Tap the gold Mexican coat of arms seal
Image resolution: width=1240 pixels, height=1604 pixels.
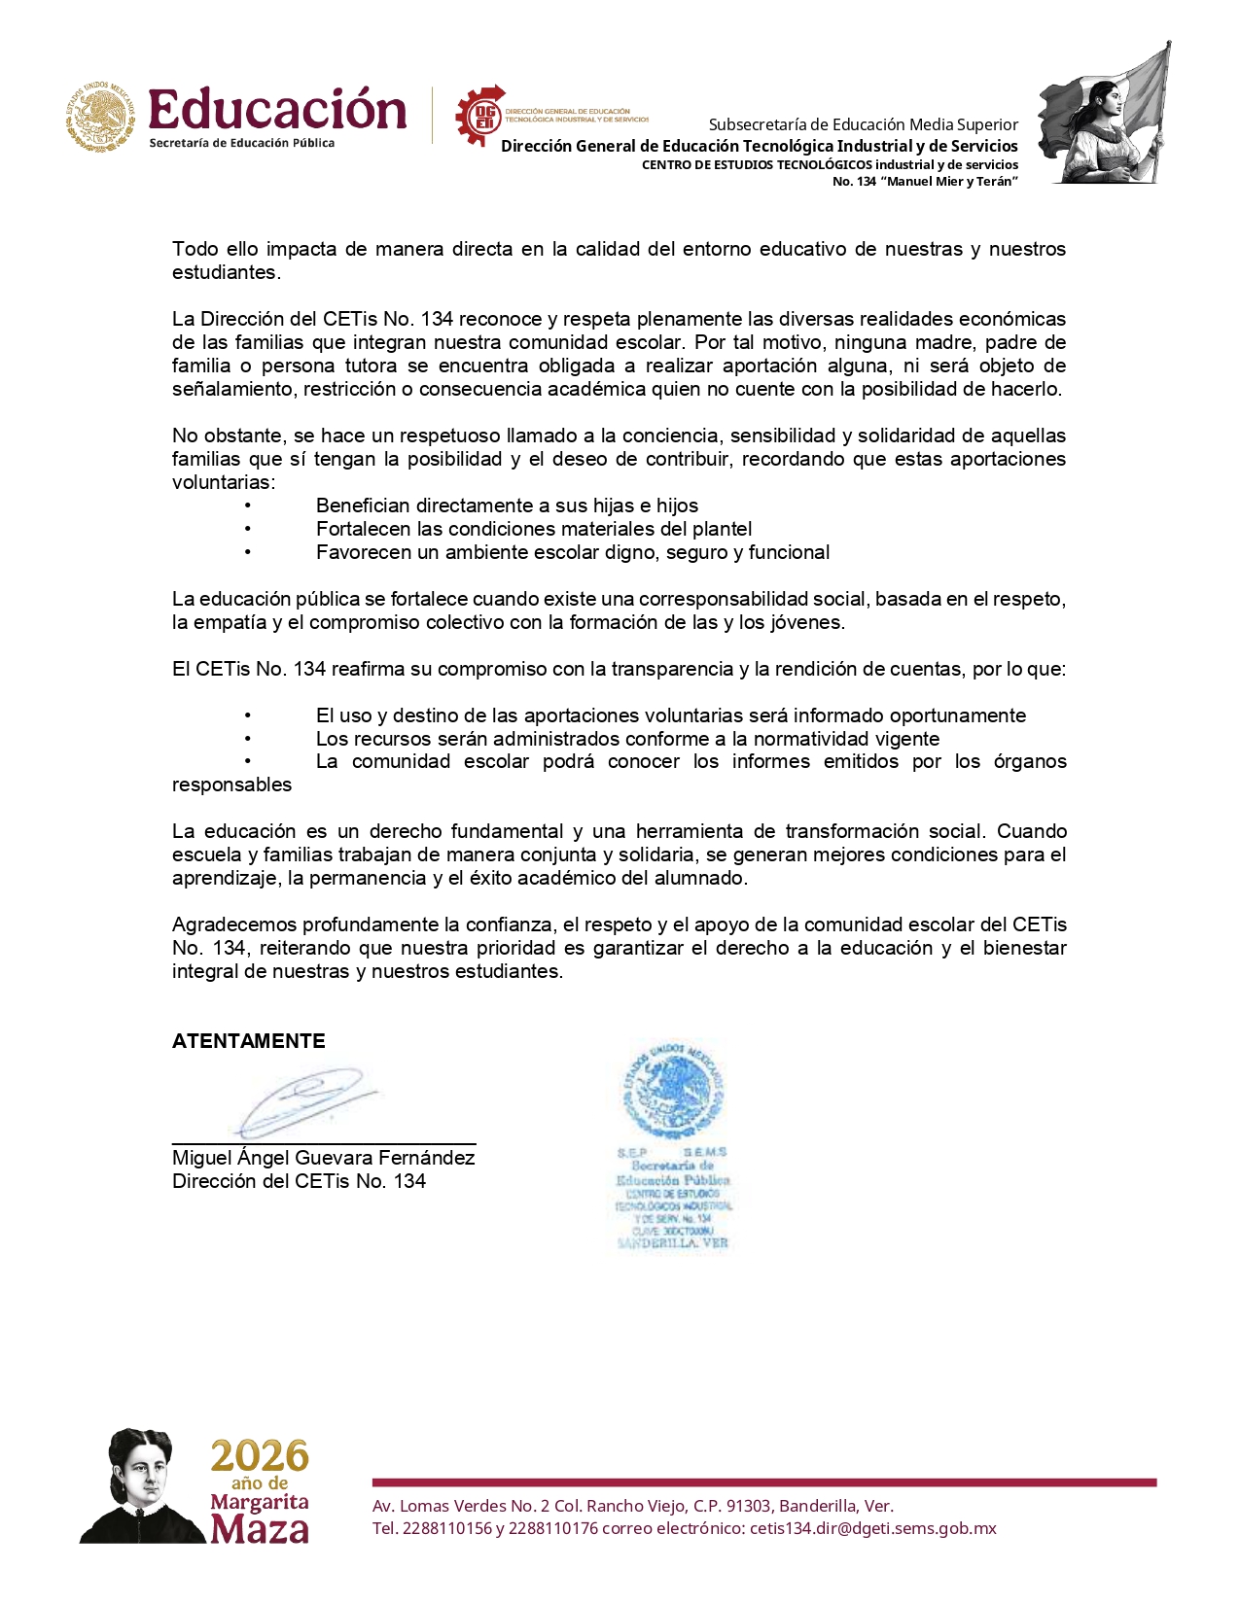101,117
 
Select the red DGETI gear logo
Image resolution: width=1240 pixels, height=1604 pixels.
480,116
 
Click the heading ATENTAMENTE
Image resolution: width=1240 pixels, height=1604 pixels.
249,1041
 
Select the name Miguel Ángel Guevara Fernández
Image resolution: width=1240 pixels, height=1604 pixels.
323,1158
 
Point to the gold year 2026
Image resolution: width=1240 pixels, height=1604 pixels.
260,1456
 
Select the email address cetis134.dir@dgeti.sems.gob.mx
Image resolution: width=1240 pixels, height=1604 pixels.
872,1528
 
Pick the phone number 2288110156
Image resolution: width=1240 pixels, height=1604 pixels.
446,1528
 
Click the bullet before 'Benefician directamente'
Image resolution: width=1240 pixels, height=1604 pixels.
248,506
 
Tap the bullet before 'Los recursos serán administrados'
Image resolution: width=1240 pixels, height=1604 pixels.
248,739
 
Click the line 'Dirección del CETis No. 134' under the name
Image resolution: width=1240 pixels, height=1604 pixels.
299,1181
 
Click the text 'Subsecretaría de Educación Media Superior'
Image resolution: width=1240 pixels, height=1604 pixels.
863,124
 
